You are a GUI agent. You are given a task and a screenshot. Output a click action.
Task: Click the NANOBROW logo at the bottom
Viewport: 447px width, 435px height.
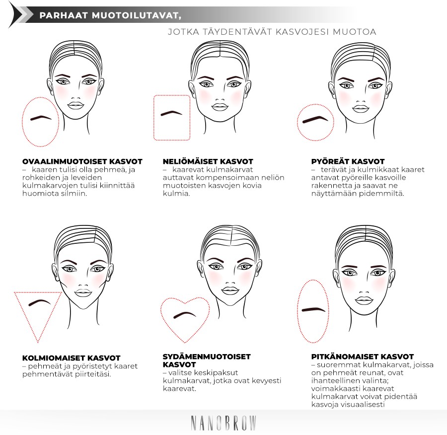(223, 423)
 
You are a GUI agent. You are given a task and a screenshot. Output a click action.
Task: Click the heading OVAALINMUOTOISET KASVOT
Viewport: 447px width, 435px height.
(82, 161)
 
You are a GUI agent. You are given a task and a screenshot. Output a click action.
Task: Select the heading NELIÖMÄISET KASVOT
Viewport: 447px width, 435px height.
(208, 161)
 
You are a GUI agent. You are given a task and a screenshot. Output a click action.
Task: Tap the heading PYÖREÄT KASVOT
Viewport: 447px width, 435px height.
(348, 161)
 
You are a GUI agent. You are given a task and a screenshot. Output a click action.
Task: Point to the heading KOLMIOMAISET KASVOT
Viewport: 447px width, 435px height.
(71, 358)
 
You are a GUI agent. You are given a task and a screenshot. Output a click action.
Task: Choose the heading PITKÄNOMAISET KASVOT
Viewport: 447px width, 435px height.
(363, 357)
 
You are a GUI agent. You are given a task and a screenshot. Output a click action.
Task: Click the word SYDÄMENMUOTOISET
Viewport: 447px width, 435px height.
(207, 357)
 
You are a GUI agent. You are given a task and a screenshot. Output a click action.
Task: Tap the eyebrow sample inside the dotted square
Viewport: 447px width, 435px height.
(171, 113)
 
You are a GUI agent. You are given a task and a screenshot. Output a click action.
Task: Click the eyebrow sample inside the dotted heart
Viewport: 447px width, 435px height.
(185, 315)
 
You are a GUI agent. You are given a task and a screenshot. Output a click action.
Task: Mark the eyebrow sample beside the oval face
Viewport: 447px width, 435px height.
(41, 117)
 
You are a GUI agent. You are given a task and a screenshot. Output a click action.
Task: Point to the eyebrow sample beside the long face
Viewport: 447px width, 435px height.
(313, 309)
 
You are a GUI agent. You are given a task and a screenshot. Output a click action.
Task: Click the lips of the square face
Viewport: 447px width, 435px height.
(220, 107)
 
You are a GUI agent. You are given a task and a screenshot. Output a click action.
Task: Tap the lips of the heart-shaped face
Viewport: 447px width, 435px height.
(230, 290)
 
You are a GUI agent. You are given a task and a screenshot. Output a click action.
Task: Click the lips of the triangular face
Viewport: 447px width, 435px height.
(83, 293)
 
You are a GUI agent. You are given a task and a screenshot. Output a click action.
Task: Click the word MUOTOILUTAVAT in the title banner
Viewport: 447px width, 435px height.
(136, 16)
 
